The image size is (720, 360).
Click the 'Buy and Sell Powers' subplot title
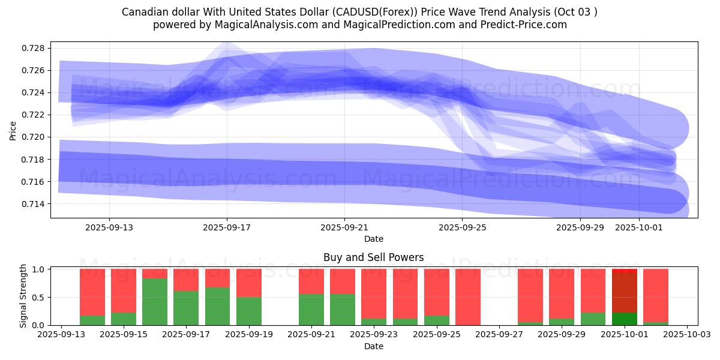(x=373, y=257)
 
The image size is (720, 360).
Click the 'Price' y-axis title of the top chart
(x=13, y=130)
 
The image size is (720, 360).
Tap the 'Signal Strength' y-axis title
(x=23, y=296)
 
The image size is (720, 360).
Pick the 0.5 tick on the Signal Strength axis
(x=40, y=298)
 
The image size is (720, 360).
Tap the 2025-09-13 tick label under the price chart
(x=109, y=227)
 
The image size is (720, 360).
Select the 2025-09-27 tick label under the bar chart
(x=499, y=335)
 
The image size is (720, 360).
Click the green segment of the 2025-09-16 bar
(x=155, y=302)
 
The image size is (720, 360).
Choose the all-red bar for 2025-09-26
(x=468, y=297)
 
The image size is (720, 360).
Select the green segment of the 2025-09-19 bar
(x=249, y=311)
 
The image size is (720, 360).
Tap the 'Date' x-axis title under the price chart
(x=373, y=239)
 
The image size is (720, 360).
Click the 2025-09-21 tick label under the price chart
(x=344, y=227)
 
